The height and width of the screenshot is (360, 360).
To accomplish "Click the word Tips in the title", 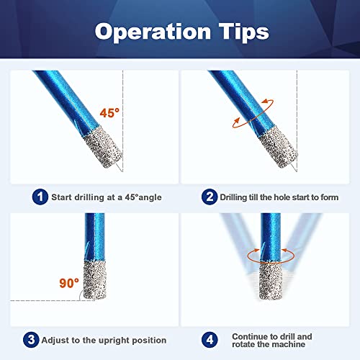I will (x=240, y=32).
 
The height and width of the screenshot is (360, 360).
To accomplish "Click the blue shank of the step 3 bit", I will (x=94, y=238).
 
